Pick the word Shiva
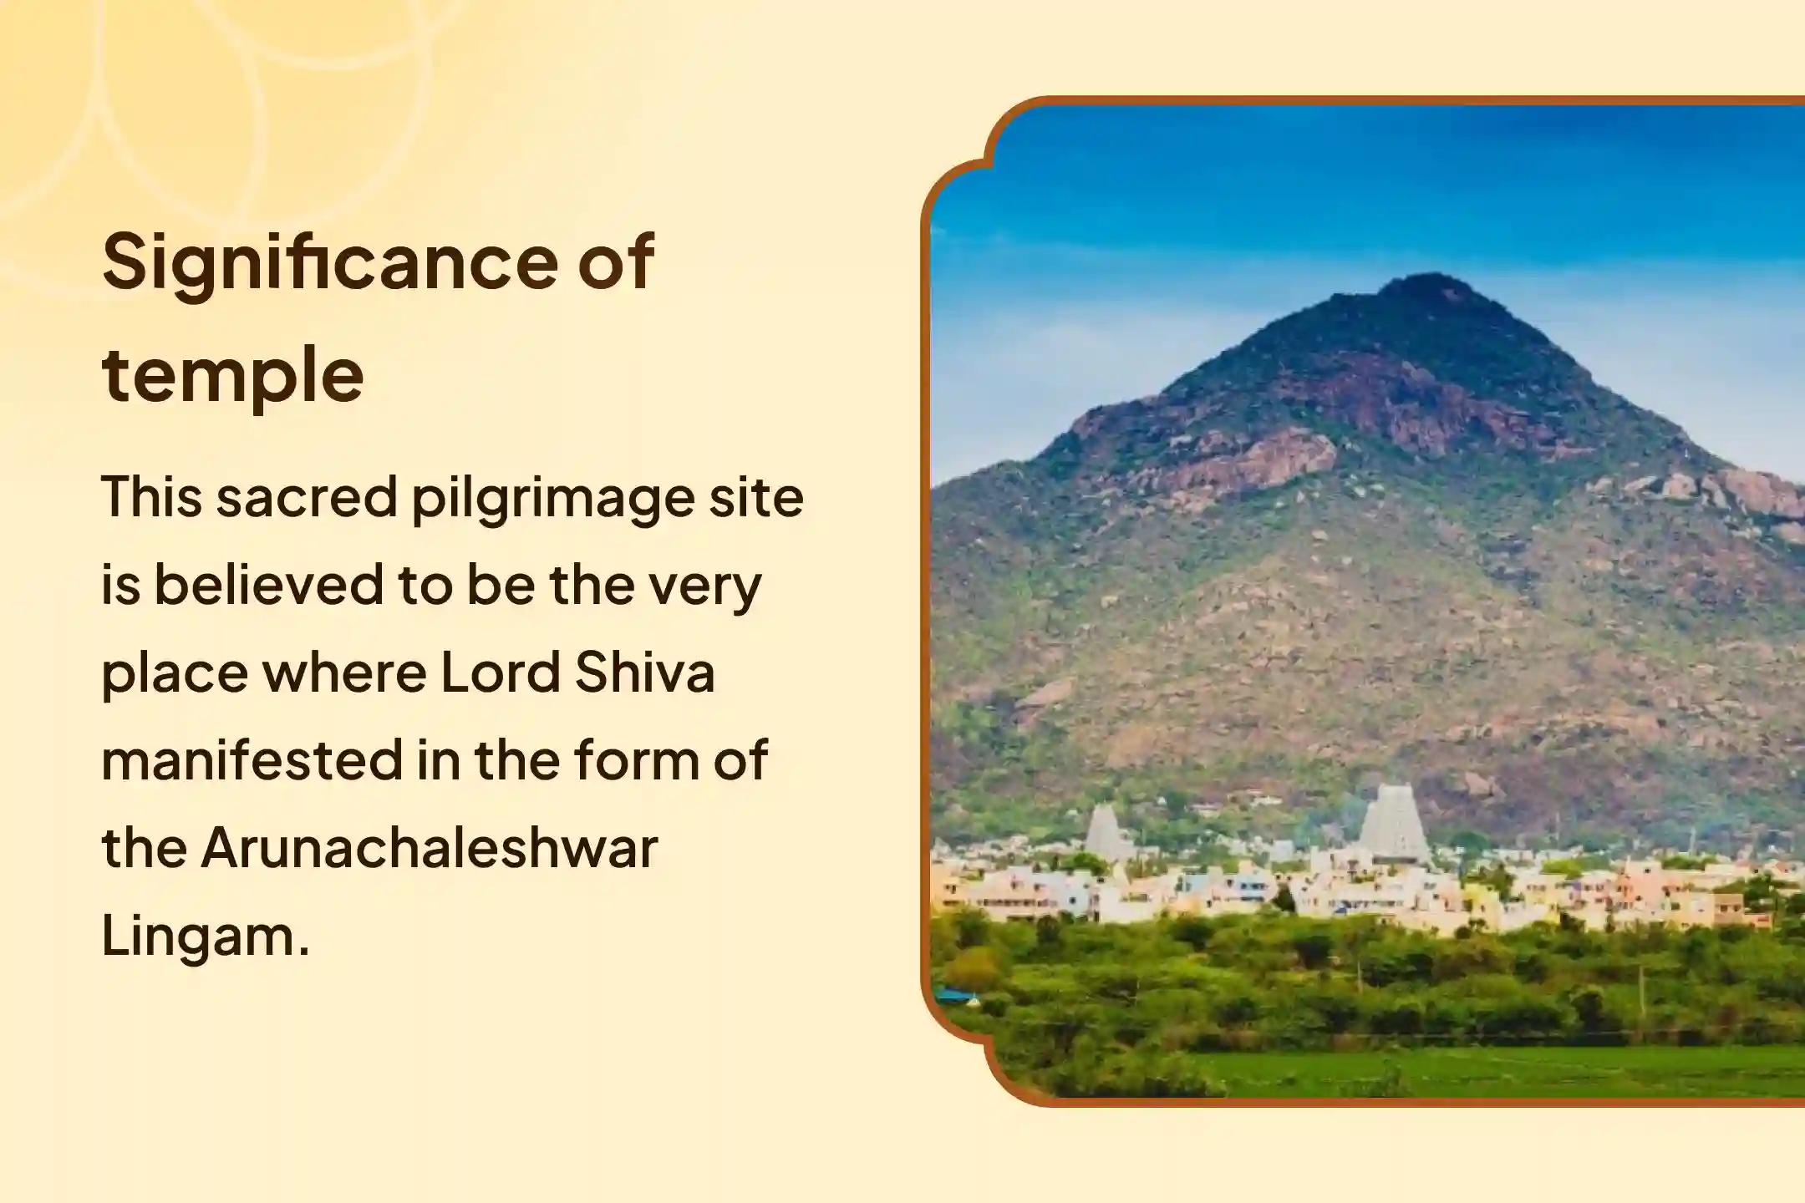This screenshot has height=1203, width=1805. click(x=644, y=673)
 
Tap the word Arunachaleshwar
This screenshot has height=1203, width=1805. click(x=430, y=848)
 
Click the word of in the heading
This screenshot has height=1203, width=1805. click(x=616, y=263)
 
